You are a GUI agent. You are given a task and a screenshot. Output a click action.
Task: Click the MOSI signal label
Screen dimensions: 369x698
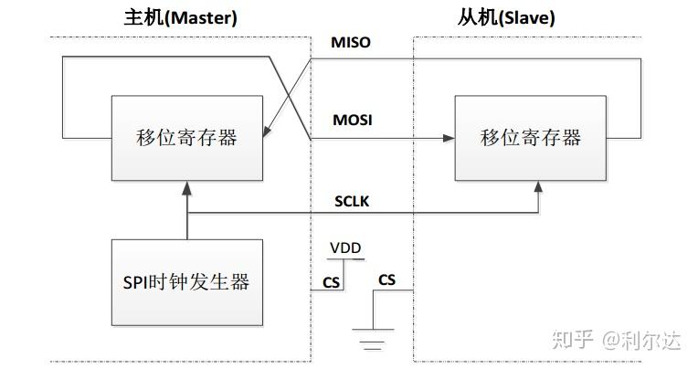point(352,120)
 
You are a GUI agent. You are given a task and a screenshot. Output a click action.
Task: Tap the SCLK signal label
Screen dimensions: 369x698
point(351,201)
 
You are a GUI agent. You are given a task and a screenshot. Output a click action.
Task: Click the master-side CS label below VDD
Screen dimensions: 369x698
point(332,282)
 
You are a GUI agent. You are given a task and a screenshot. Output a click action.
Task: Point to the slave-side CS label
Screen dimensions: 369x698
point(387,279)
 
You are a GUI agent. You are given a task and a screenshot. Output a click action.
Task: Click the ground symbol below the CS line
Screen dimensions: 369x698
point(371,339)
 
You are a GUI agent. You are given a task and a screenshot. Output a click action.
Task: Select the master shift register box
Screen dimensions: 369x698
point(186,137)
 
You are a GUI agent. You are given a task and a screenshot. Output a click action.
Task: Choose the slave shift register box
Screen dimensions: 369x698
point(530,137)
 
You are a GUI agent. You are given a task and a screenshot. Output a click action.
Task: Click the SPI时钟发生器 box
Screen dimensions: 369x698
point(186,281)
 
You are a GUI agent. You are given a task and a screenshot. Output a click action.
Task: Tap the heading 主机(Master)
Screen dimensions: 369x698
point(180,17)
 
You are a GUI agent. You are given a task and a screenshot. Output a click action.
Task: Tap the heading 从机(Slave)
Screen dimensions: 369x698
point(506,17)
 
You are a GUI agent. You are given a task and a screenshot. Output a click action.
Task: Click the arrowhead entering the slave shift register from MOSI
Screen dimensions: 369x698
point(449,138)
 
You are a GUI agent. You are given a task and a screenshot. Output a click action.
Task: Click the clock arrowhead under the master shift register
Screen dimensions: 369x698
point(186,186)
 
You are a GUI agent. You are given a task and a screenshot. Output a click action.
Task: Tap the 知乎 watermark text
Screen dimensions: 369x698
point(572,341)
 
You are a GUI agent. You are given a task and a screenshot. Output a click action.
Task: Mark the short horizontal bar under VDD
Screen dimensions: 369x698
point(345,259)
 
